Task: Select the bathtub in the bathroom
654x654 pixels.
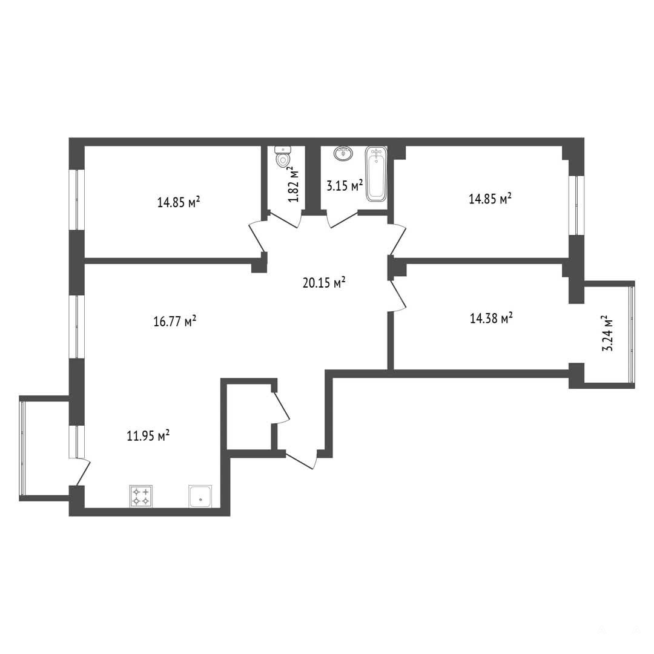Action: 377,174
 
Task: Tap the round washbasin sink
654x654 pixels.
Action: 343,153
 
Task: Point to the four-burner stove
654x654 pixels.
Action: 141,497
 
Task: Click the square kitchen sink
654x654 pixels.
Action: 200,497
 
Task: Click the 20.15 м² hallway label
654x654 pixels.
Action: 324,283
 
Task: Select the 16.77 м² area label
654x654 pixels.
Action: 175,322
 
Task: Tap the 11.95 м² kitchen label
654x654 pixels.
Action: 148,436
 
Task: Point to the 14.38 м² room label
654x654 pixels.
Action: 491,319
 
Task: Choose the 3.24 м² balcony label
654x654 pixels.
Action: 608,333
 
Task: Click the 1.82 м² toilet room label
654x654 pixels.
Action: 294,185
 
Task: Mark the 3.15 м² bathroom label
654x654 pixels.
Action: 345,185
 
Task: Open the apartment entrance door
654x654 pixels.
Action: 300,459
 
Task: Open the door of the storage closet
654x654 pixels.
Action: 282,407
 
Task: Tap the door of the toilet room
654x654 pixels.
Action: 283,219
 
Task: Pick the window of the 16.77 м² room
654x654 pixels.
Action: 77,326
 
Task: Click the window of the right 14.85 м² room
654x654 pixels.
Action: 577,205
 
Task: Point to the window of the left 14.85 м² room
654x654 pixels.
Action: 77,199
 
